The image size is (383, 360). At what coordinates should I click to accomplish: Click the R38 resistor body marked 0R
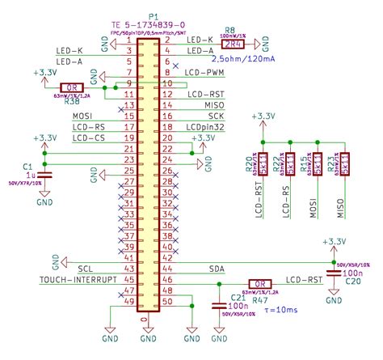pyautogui.click(x=72, y=87)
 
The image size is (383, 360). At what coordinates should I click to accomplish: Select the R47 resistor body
pyautogui.click(x=259, y=283)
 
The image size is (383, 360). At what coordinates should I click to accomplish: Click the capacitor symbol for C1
pyautogui.click(x=44, y=174)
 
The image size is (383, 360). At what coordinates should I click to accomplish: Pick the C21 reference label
pyautogui.click(x=214, y=297)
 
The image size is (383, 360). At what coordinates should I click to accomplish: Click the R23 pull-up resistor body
pyautogui.click(x=343, y=162)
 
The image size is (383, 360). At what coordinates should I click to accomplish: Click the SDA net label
pyautogui.click(x=217, y=269)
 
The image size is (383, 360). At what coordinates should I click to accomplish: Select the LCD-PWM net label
pyautogui.click(x=205, y=73)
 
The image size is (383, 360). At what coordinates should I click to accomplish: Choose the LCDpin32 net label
pyautogui.click(x=204, y=127)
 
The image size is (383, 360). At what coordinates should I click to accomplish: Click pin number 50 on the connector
pyautogui.click(x=167, y=302)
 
